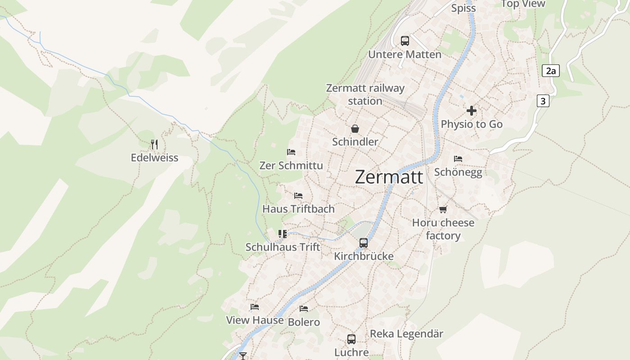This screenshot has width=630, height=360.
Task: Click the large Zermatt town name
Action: (x=389, y=177)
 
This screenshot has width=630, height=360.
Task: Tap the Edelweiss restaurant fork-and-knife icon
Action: (x=154, y=144)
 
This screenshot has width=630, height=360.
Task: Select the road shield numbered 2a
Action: (x=551, y=71)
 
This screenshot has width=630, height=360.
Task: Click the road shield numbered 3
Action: (x=543, y=101)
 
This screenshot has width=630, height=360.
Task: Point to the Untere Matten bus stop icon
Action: (x=405, y=41)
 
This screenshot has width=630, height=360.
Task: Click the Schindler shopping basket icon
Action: (x=355, y=129)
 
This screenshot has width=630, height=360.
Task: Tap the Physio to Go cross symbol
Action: (x=472, y=111)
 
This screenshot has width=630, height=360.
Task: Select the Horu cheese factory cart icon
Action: (x=443, y=210)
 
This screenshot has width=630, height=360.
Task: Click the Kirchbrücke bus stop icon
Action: (x=364, y=243)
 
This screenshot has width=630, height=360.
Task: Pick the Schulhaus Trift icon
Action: (x=283, y=234)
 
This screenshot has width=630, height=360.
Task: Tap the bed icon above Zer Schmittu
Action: (x=291, y=152)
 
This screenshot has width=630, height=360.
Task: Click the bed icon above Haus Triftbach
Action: (x=298, y=196)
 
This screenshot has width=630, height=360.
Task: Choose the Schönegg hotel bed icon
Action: (x=458, y=159)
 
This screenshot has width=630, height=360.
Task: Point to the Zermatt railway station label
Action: (x=365, y=94)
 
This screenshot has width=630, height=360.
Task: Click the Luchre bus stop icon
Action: (x=351, y=339)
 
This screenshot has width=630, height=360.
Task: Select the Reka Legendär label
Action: (x=406, y=334)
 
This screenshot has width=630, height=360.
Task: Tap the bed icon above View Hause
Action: (x=255, y=307)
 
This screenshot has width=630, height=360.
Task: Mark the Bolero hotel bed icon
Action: (x=304, y=309)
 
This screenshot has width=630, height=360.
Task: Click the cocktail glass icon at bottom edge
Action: (x=243, y=356)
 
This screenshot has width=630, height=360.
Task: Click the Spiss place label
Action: (x=463, y=8)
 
